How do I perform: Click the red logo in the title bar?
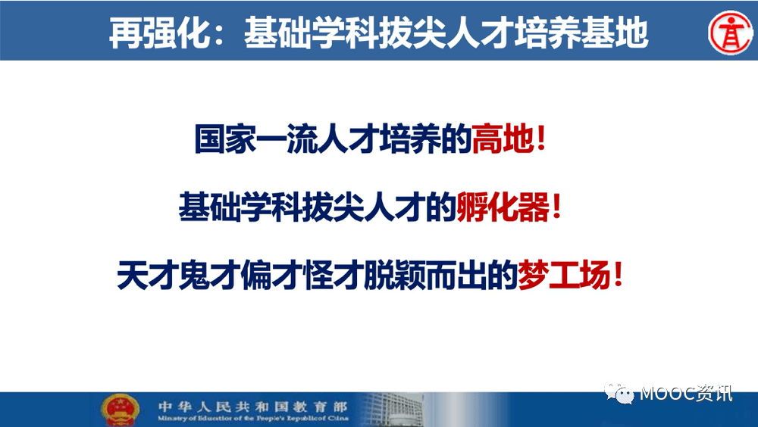pos(727,33)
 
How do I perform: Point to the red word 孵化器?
pos(503,206)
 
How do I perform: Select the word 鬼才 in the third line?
pos(209,274)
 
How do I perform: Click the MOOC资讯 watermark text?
pos(686,394)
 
